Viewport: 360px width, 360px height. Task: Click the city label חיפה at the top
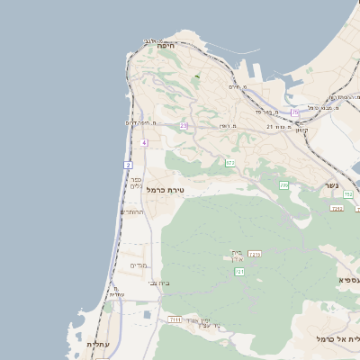point(165,45)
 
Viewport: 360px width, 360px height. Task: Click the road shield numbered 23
point(184,125)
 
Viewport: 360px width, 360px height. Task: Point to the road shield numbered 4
point(144,143)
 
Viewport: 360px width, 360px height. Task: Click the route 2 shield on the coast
point(129,166)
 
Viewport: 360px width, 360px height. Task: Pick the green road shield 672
point(229,163)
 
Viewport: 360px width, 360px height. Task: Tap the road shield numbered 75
point(294,112)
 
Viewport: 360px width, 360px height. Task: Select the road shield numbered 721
point(238,271)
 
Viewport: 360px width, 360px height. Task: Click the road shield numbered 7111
point(175,319)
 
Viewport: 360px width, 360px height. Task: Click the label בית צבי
point(158,283)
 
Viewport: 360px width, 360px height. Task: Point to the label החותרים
point(131,212)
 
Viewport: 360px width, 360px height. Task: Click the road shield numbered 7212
point(337,209)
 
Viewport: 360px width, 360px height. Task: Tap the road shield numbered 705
point(283,184)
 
